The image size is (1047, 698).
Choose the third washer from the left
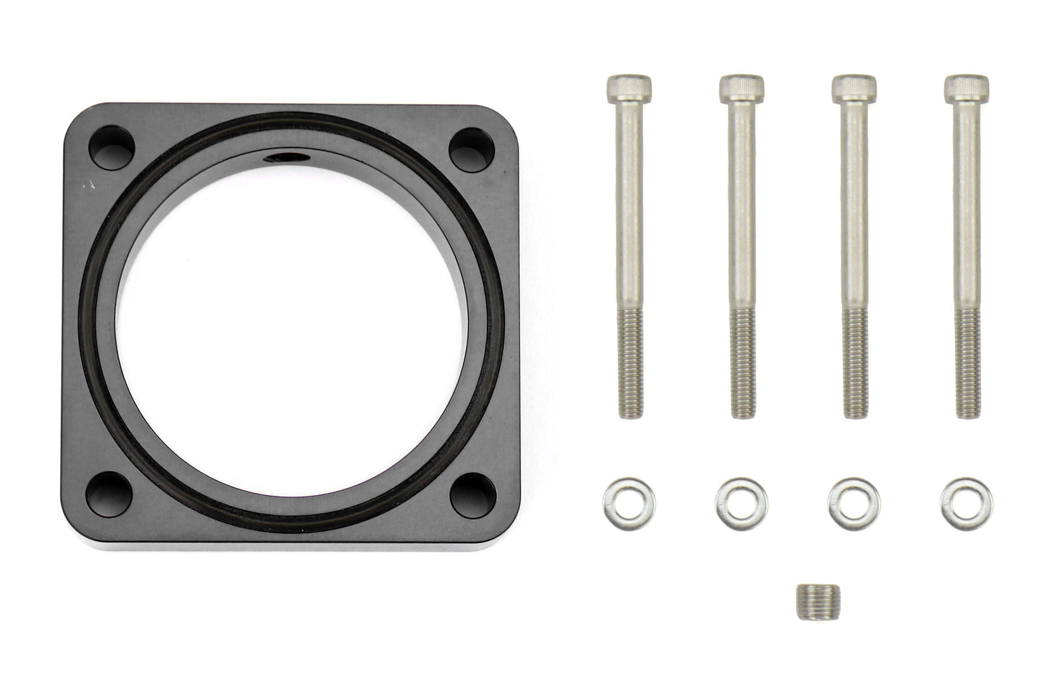coord(846,499)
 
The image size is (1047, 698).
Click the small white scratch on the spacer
coord(89,186)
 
